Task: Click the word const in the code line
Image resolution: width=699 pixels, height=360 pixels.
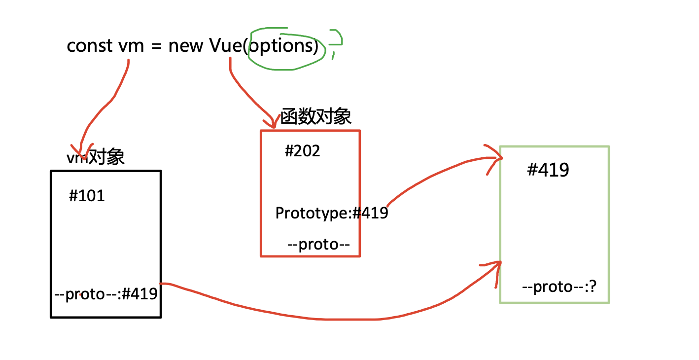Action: (90, 46)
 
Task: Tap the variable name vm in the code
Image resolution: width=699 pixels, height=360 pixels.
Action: (131, 46)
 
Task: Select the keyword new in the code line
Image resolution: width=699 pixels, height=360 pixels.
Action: (186, 46)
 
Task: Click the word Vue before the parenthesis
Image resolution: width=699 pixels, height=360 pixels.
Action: (226, 46)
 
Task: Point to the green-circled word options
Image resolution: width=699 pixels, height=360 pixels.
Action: (283, 46)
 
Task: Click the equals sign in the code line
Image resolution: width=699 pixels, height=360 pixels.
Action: (156, 46)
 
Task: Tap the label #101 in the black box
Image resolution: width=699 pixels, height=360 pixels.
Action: (87, 196)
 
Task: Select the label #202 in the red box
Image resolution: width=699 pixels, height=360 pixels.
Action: (302, 151)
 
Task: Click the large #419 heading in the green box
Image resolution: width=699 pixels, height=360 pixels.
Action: (548, 170)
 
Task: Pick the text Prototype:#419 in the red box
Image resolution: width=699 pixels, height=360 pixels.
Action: (331, 214)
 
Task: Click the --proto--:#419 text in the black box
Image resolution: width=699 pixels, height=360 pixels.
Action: (106, 294)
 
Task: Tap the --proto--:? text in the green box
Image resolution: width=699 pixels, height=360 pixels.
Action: (559, 287)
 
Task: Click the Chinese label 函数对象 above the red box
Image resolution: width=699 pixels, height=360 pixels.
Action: (316, 117)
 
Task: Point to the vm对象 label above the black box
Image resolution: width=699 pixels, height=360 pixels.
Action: (96, 157)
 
